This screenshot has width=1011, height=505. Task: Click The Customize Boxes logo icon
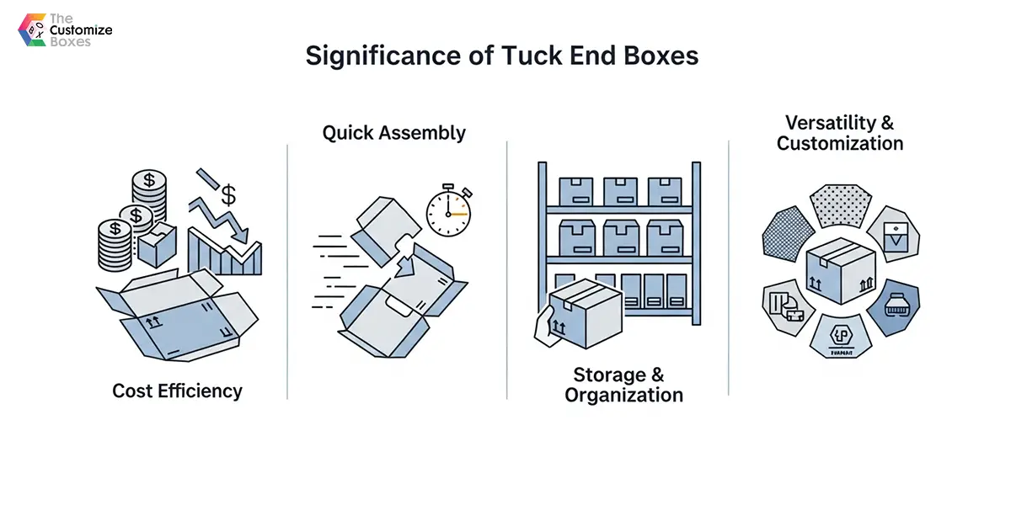click(32, 29)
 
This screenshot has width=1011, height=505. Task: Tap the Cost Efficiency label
click(177, 391)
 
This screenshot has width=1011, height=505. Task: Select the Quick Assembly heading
click(394, 133)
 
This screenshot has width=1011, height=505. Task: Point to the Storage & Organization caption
click(623, 385)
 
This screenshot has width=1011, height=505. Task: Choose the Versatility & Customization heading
click(840, 132)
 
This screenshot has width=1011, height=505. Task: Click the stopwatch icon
click(447, 211)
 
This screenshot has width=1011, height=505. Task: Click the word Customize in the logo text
click(81, 29)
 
